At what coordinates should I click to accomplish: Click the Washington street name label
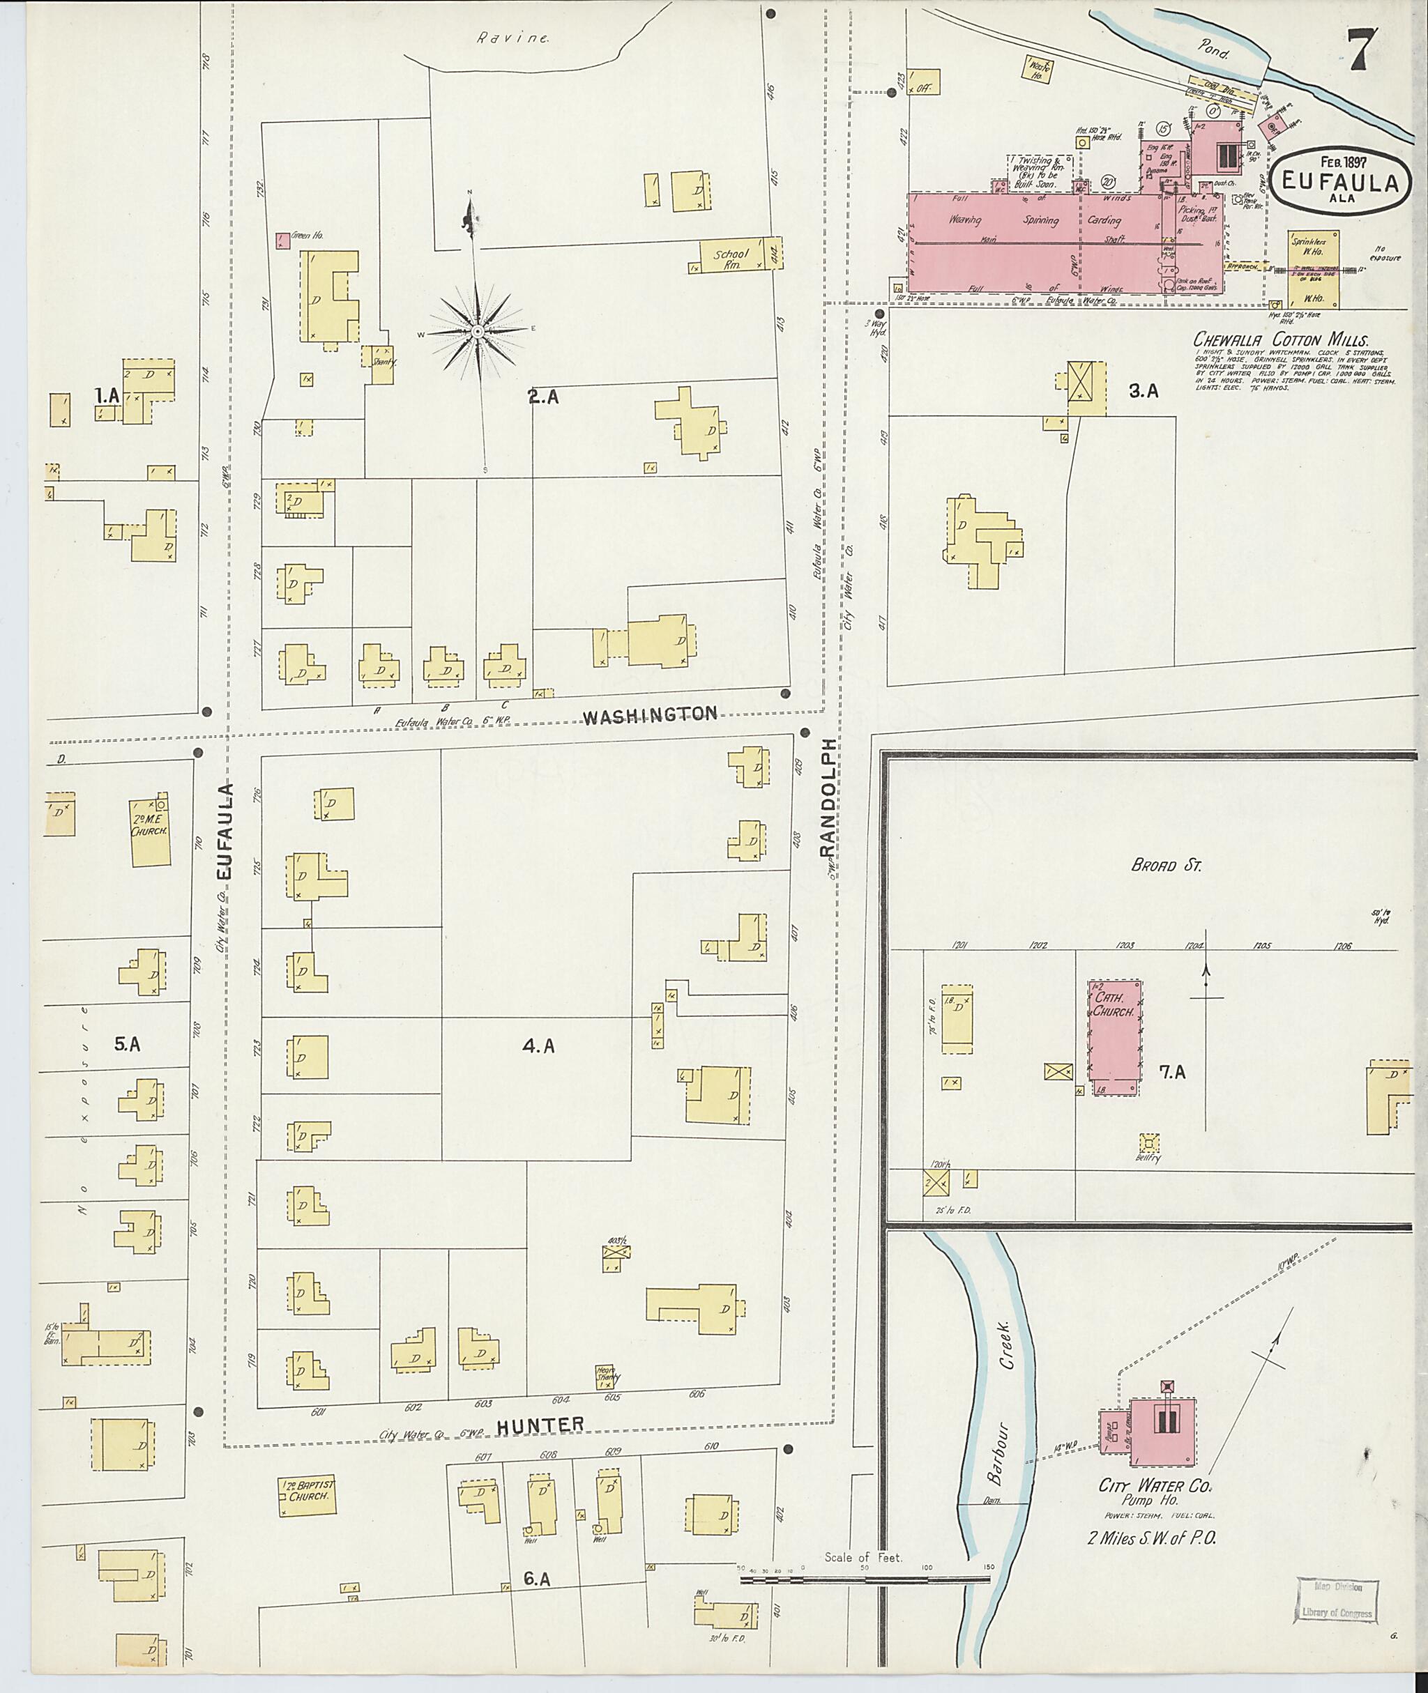pos(650,714)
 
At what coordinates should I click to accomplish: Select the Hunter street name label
pos(540,1425)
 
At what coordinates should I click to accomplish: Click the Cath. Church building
pos(1114,1038)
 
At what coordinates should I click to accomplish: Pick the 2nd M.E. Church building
pos(151,833)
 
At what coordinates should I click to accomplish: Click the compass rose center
pos(478,331)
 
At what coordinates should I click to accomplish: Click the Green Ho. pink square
pos(282,240)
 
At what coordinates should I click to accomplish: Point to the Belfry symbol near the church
pos(1148,1142)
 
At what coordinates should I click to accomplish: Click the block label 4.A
pos(538,1046)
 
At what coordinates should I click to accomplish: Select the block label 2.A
pos(543,397)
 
